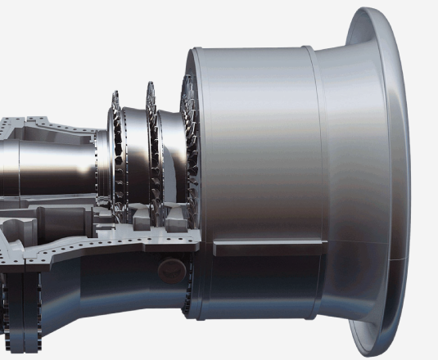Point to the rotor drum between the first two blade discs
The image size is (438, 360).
point(131,155)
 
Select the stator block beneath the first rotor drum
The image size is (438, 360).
point(135,217)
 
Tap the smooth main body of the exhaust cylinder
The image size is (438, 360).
point(254,147)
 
